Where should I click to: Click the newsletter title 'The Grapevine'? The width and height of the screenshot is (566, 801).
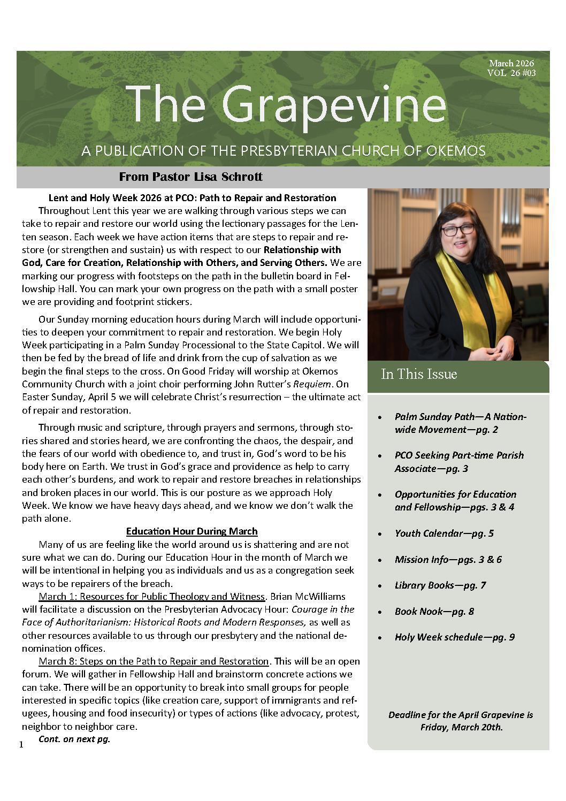286,104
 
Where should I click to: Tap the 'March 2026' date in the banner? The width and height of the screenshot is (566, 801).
511,64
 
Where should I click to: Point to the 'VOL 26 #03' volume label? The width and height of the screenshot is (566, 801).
511,73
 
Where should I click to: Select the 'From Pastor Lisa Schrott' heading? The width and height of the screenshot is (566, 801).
190,177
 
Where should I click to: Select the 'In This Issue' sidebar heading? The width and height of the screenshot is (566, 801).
419,374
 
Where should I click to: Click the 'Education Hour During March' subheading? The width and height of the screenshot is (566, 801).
192,531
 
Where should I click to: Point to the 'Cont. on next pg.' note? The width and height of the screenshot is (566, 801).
74,739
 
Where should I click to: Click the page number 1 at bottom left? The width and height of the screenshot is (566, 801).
21,745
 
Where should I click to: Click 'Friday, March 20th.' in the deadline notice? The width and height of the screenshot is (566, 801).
461,727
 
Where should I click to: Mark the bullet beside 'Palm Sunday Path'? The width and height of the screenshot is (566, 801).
379,417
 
